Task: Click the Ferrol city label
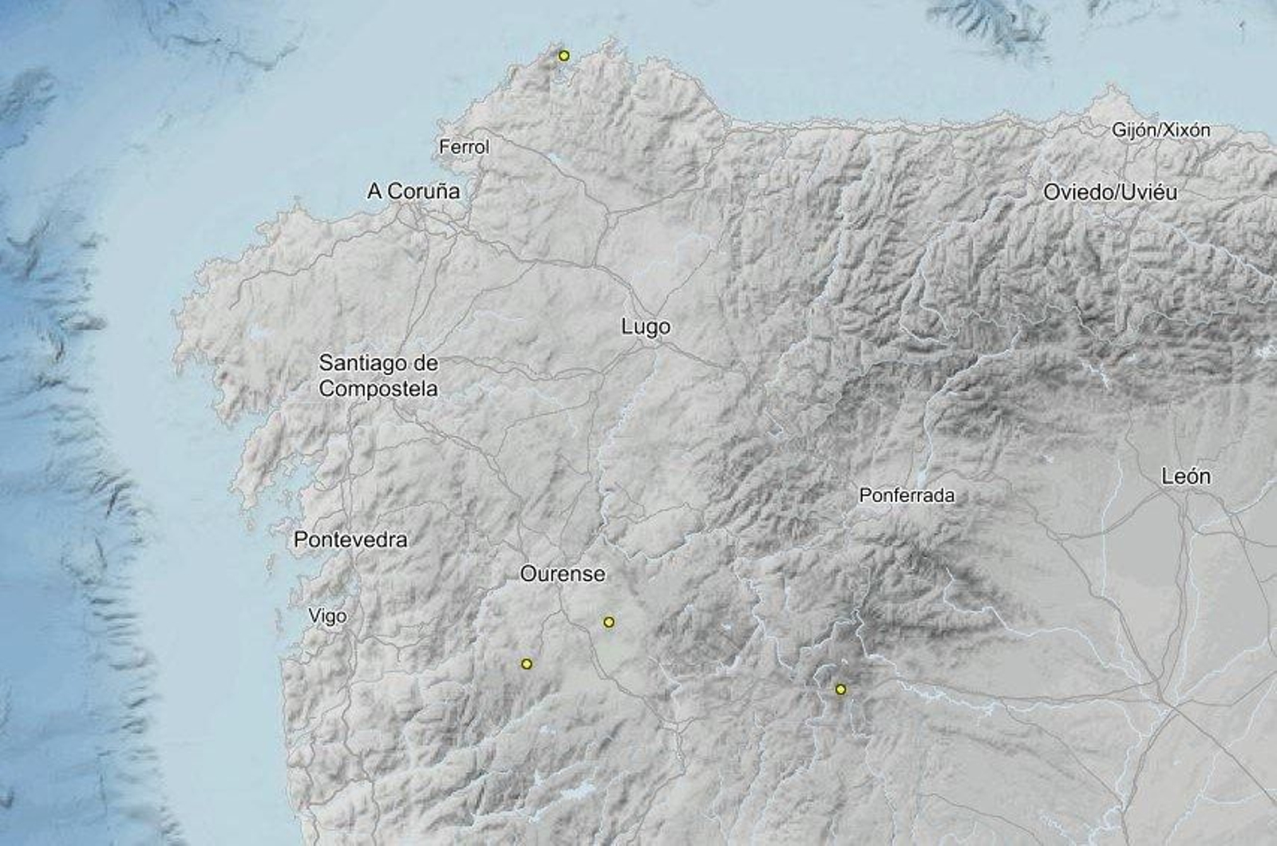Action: tap(464, 147)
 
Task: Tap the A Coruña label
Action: tap(413, 192)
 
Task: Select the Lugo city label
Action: tap(646, 327)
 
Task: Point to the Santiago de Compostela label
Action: tap(378, 376)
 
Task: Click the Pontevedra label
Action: tap(350, 540)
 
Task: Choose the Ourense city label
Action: tap(563, 574)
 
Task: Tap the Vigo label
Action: tap(327, 616)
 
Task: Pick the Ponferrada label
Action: tap(907, 496)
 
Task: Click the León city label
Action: tap(1185, 477)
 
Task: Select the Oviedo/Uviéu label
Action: tap(1110, 192)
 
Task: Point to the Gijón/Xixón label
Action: tap(1161, 130)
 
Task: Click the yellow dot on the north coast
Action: tap(564, 56)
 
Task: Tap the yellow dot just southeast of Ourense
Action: tap(609, 622)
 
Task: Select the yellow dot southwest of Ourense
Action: tap(526, 663)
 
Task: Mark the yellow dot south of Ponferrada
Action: tap(840, 689)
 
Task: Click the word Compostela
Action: tap(378, 389)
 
